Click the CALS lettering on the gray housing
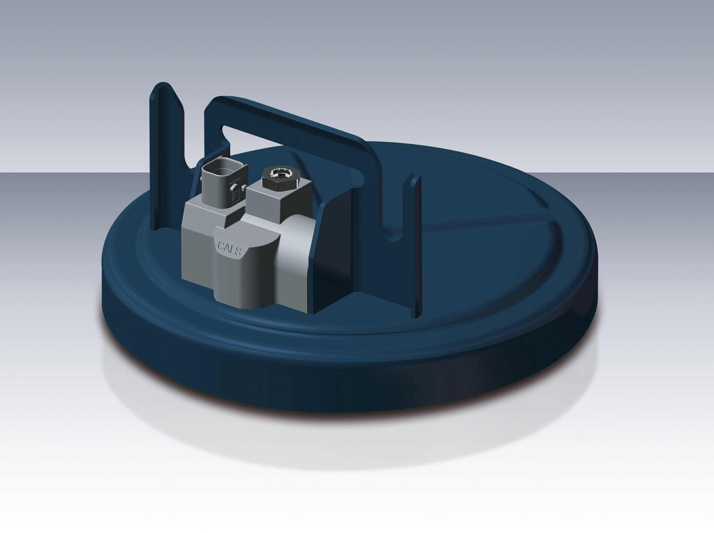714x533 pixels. (x=229, y=248)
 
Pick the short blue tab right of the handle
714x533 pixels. (x=416, y=243)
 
